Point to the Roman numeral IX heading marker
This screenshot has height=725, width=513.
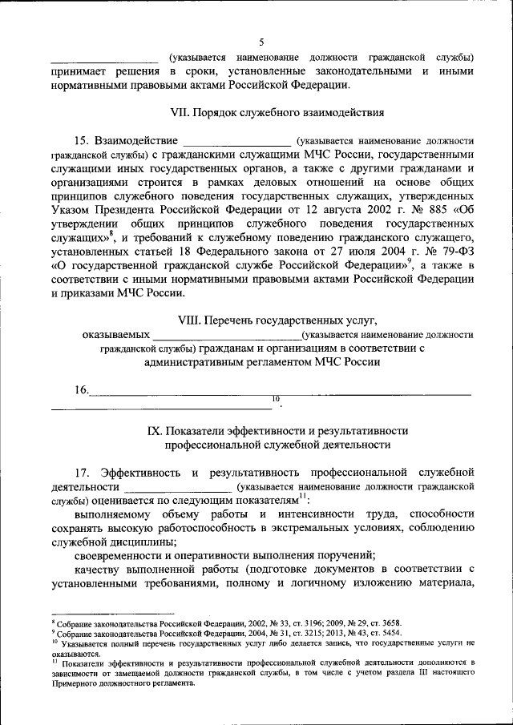coord(154,430)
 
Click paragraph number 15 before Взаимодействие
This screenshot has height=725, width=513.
coord(82,140)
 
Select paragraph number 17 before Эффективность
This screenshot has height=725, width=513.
coord(82,472)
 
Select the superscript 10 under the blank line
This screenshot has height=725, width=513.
coord(276,398)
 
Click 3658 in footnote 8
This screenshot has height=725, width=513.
coord(388,622)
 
